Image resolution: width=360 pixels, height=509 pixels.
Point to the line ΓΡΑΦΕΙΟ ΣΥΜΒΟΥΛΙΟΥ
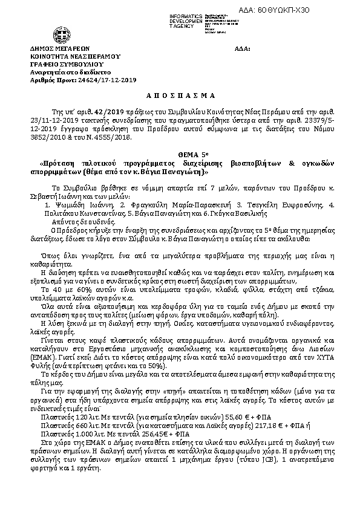pyautogui.click(x=67, y=63)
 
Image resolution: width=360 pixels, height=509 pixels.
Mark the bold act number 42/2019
pyautogui.click(x=102, y=112)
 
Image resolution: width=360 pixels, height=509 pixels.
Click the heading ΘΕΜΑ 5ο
pyautogui.click(x=180, y=155)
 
